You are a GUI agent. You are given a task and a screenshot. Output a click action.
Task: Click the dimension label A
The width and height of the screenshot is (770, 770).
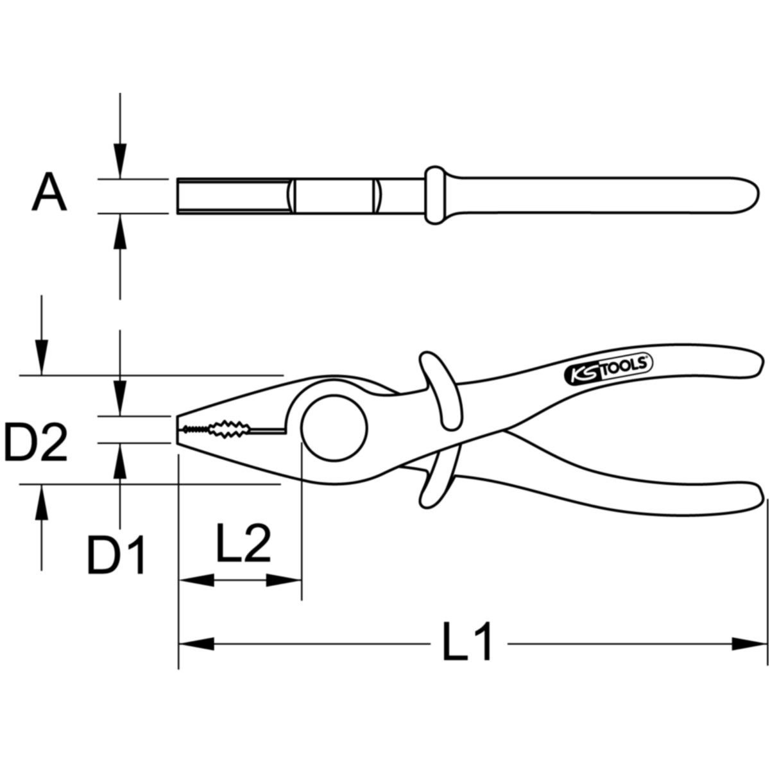[49, 192]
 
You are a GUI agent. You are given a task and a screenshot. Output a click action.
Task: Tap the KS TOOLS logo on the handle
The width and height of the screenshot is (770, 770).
[608, 369]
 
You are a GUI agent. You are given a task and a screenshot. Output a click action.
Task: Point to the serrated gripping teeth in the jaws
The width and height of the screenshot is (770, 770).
[216, 429]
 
